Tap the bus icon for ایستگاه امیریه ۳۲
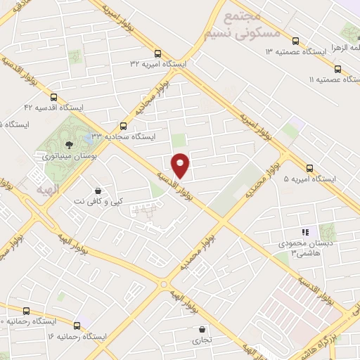(159, 53)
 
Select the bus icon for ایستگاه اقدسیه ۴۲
(54, 97)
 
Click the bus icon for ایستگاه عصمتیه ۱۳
(295, 41)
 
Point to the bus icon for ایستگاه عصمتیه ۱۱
(338, 69)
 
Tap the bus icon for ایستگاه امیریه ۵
(310, 168)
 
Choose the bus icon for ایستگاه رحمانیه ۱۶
(77, 326)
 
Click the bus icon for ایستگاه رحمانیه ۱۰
(27, 311)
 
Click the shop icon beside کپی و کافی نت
(98, 190)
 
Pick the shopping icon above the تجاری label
(202, 329)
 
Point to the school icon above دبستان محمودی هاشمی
(304, 232)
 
